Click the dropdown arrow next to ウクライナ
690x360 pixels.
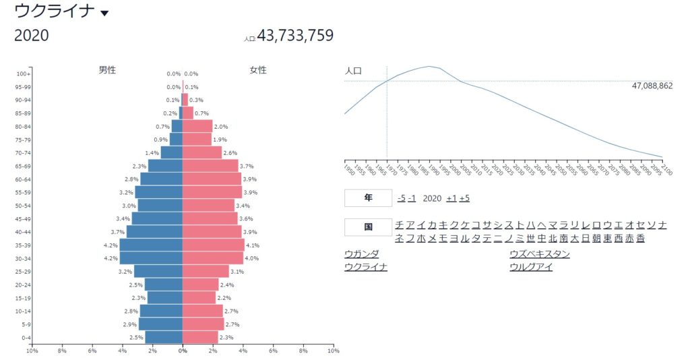(104, 13)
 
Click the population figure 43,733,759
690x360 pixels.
(295, 36)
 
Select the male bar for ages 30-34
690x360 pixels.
(151, 258)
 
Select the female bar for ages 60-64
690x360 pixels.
(212, 179)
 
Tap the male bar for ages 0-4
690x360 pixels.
(164, 337)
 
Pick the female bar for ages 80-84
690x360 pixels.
(197, 126)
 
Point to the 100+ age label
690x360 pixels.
(24, 73)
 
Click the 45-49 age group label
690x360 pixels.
(24, 218)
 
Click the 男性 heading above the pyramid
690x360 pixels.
(107, 70)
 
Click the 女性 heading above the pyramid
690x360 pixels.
(258, 70)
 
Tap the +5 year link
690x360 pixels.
(464, 198)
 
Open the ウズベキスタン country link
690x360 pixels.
(540, 254)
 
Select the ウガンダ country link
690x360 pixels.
(361, 254)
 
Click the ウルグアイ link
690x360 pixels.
(531, 266)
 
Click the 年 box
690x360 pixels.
(368, 198)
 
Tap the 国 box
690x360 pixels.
(368, 227)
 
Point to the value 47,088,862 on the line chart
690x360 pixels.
(652, 86)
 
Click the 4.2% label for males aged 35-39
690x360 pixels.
(111, 245)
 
